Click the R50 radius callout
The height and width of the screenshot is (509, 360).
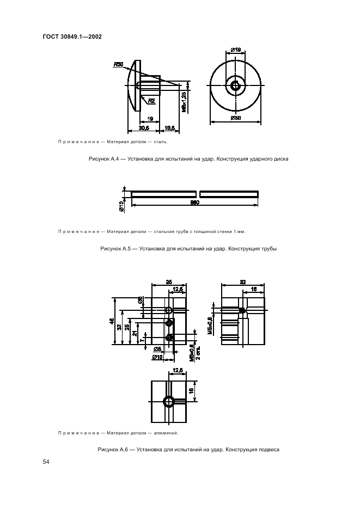(118, 64)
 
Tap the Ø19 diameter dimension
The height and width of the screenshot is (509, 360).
(236, 50)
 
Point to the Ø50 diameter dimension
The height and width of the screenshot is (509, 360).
(236, 118)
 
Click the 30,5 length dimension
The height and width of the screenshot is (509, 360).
(144, 128)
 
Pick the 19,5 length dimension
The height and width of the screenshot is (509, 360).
(169, 128)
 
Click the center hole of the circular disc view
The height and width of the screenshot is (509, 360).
(236, 85)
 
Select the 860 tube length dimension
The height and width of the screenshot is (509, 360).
(194, 202)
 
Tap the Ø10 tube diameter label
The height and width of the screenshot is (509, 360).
(121, 205)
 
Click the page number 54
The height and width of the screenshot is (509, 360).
(46, 462)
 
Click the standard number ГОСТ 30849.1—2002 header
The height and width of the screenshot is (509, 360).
(72, 36)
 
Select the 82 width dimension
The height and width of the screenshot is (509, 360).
(243, 281)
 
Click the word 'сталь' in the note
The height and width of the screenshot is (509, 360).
(160, 142)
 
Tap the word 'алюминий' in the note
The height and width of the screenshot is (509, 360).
(166, 433)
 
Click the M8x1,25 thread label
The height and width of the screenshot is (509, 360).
(185, 102)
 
